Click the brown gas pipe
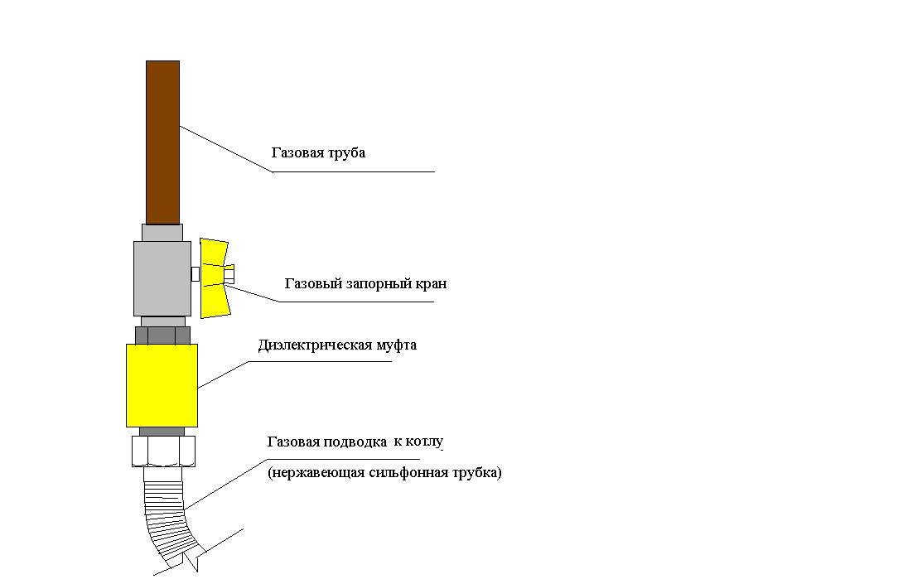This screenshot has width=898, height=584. coord(162,142)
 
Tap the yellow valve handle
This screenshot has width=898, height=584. coord(215,278)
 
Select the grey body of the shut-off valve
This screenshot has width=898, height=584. coord(162,278)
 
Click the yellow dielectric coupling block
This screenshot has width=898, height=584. coord(162,385)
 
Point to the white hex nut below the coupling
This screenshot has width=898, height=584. coord(164,451)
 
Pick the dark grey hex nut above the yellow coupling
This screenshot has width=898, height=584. coord(162,335)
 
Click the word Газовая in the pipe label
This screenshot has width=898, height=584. coord(293,153)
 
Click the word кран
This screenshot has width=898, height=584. coord(431,284)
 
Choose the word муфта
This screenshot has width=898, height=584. coord(397,345)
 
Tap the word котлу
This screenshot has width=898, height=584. coord(424,442)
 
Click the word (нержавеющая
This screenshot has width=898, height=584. coord(316,474)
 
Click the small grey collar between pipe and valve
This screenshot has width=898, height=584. coord(162,233)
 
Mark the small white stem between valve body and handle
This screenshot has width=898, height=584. coord(196,274)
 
